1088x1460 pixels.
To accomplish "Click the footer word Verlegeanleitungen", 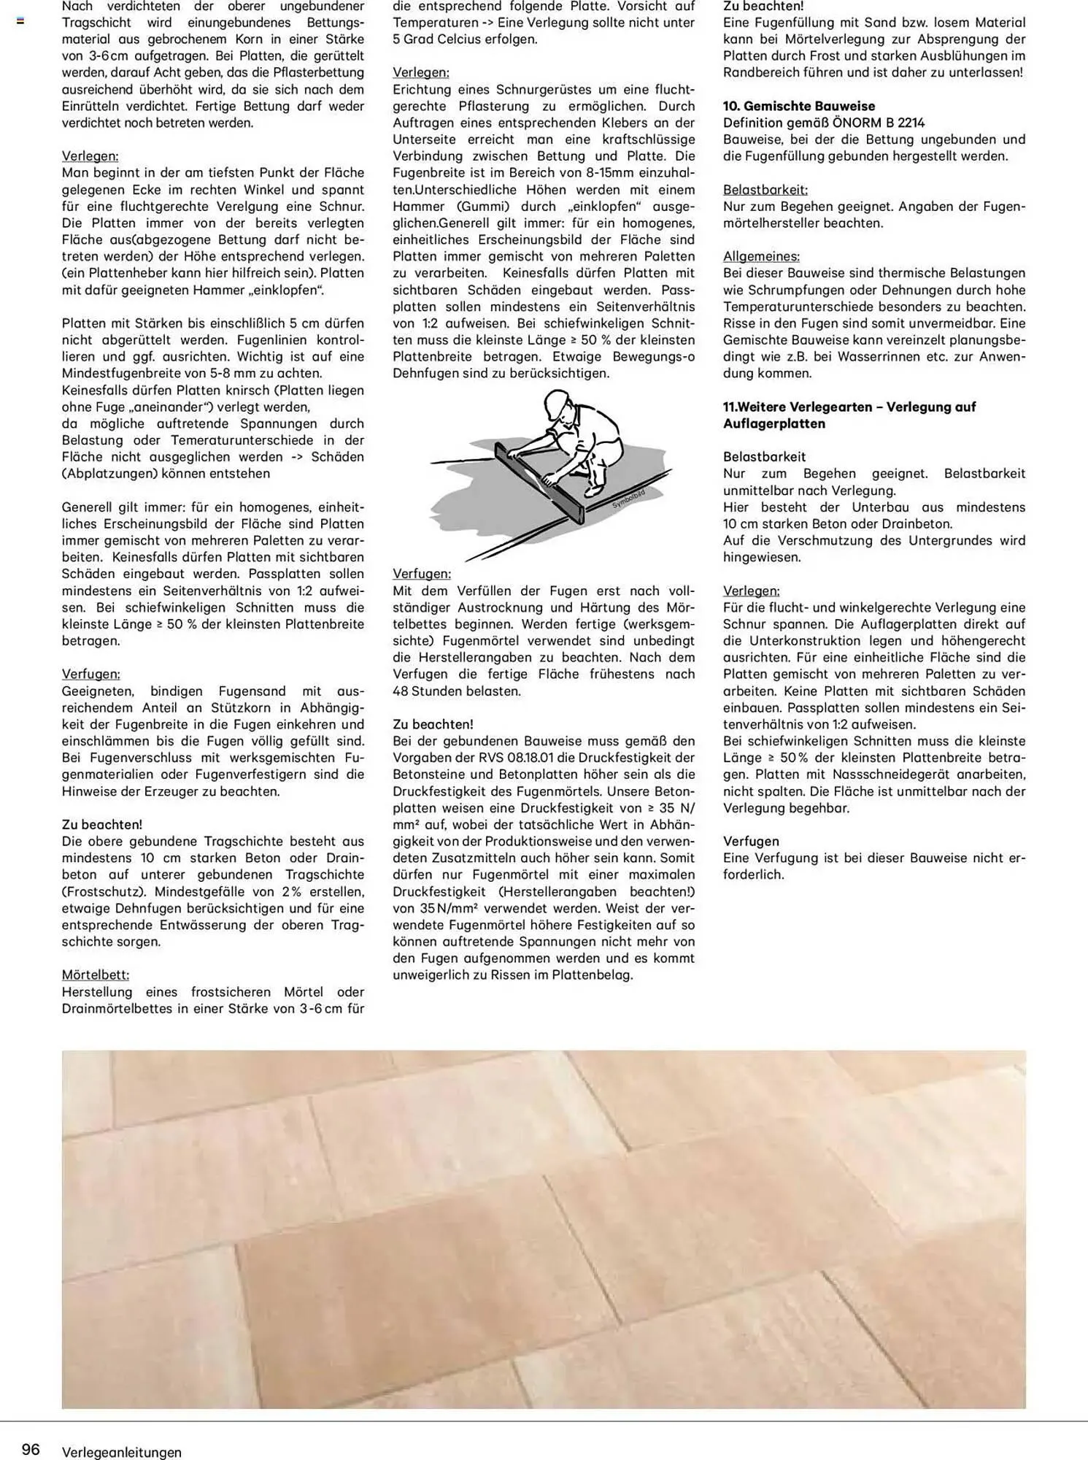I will tap(121, 1452).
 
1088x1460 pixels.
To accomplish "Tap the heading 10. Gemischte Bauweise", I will tap(798, 106).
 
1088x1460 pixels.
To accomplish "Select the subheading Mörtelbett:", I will tap(95, 975).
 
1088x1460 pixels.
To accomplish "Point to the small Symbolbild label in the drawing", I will tap(628, 499).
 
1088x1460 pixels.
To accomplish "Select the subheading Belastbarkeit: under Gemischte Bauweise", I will tap(765, 190).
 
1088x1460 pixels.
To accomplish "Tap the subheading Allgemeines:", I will tap(761, 256).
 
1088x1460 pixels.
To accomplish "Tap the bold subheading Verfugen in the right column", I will tap(751, 841).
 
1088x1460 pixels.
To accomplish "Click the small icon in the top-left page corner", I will tap(20, 21).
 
